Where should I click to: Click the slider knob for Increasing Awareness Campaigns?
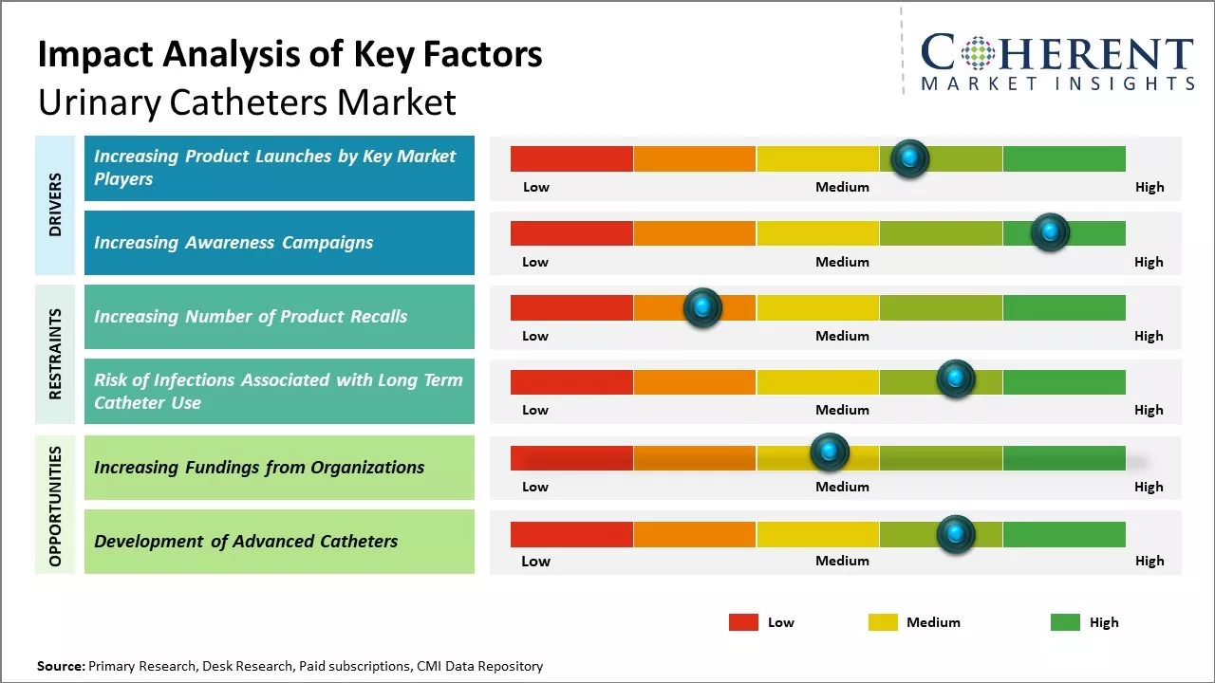click(x=1050, y=232)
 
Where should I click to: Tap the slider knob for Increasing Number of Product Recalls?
click(x=702, y=307)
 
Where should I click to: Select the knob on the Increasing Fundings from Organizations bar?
click(x=829, y=452)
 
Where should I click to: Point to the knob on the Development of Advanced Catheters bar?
click(x=955, y=535)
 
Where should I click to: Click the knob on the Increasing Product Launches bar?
click(x=909, y=158)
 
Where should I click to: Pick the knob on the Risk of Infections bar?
click(x=955, y=379)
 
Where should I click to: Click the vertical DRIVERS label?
click(x=55, y=205)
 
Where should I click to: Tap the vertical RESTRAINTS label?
click(x=55, y=354)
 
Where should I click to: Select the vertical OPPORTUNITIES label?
click(x=55, y=506)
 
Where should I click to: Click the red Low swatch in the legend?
click(x=743, y=622)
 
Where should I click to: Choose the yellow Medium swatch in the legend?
click(x=883, y=622)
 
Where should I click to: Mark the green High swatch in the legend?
click(x=1065, y=622)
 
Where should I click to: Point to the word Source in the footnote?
click(x=60, y=667)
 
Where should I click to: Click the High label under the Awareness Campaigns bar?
click(x=1149, y=262)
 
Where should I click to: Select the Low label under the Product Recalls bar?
click(x=535, y=336)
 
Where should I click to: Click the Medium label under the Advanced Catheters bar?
click(x=842, y=561)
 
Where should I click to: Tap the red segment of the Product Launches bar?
click(x=571, y=158)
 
